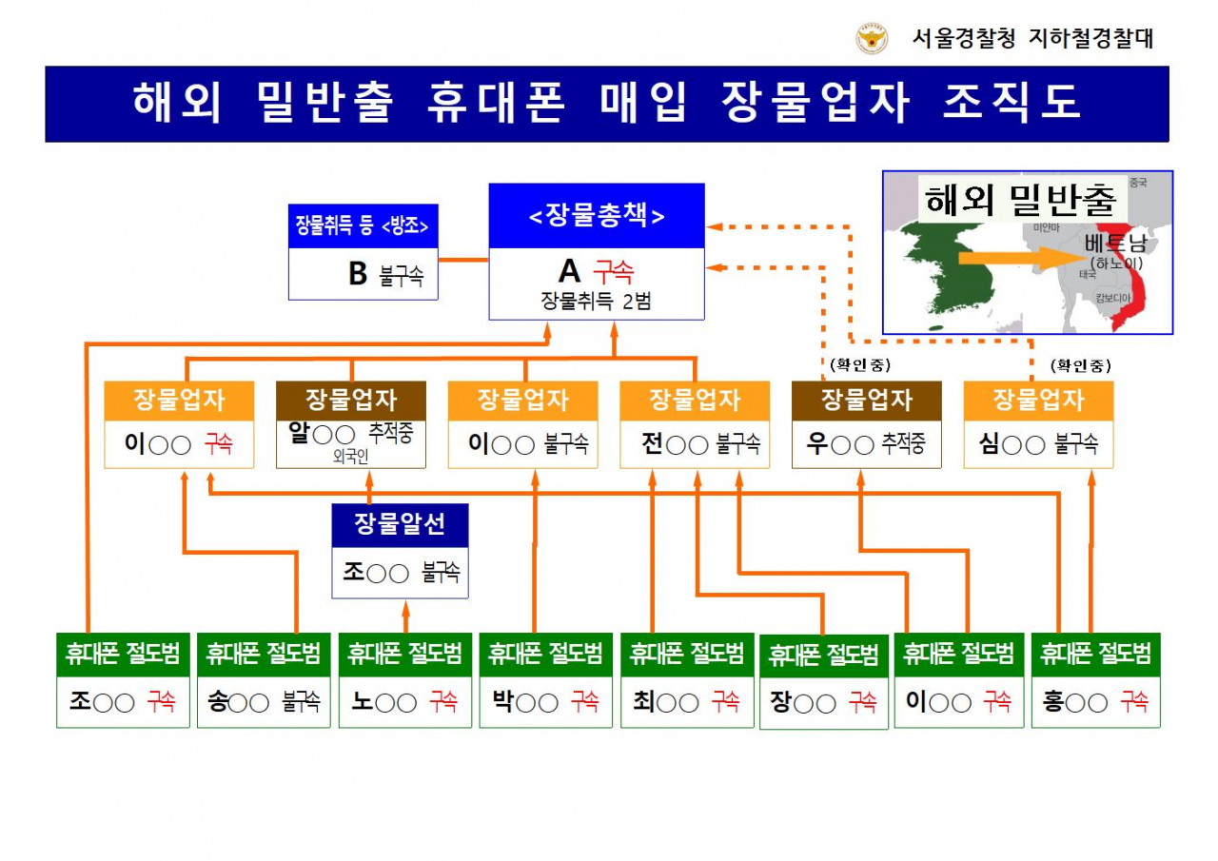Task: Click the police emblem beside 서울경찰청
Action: click(x=872, y=39)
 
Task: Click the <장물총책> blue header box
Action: click(x=597, y=216)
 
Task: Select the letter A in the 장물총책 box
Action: click(x=569, y=271)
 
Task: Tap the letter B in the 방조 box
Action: click(x=358, y=274)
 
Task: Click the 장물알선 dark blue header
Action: click(x=400, y=524)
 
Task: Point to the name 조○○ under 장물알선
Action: click(x=375, y=573)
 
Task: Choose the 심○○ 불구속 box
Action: click(x=1038, y=444)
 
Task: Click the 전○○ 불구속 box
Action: click(x=694, y=444)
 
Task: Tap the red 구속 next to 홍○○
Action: click(x=1133, y=703)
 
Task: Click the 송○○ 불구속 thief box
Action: click(x=264, y=703)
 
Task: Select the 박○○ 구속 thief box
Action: click(x=545, y=703)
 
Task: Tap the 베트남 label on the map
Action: click(x=1114, y=244)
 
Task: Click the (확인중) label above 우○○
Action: click(x=859, y=365)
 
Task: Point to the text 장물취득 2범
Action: click(x=596, y=302)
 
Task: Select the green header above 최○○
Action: click(x=687, y=654)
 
